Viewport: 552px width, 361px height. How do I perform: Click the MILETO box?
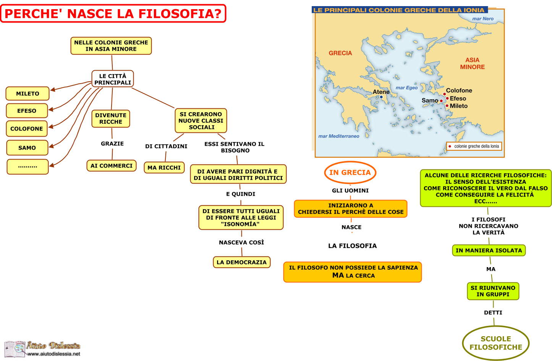point(28,93)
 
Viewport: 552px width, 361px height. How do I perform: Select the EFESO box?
point(27,111)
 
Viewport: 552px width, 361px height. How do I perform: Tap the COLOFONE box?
point(27,129)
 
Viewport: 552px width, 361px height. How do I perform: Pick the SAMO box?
point(27,148)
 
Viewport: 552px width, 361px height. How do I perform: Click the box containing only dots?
point(28,167)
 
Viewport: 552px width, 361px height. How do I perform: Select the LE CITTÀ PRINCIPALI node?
point(113,79)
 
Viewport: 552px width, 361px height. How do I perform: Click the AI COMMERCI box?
point(112,166)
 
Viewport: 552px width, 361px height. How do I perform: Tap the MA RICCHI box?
point(164,168)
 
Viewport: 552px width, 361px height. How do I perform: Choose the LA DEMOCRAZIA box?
point(242,262)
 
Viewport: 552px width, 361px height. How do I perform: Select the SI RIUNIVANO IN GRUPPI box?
point(493,291)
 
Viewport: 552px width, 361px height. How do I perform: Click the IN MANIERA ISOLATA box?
point(489,250)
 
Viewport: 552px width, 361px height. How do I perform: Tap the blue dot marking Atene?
point(381,97)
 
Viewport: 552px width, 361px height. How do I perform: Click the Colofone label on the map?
point(459,90)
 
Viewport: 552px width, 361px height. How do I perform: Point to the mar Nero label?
point(483,18)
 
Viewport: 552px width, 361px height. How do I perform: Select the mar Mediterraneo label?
point(338,136)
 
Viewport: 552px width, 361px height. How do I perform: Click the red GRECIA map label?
point(340,53)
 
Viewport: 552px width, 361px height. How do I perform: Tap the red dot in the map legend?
point(450,146)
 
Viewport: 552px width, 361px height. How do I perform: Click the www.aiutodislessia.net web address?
point(54,354)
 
